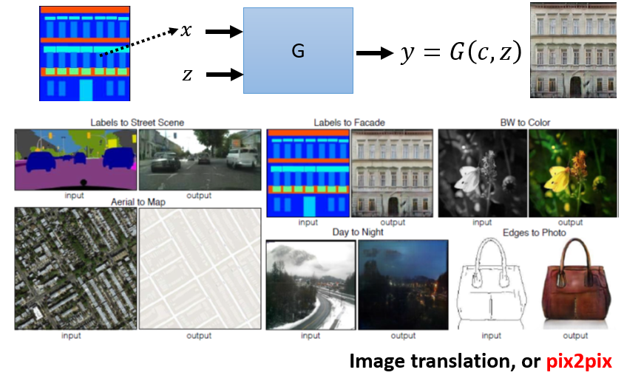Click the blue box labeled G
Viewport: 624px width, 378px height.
(x=298, y=50)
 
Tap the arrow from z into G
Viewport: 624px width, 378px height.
(x=225, y=75)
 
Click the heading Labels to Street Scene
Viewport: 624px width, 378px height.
(x=137, y=122)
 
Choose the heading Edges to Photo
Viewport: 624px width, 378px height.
(x=535, y=233)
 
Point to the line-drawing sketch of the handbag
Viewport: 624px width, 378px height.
(x=490, y=284)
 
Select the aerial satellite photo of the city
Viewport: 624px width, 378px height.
(x=75, y=268)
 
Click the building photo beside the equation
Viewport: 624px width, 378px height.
(x=573, y=50)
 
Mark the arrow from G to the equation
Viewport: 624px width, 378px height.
(x=375, y=53)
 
